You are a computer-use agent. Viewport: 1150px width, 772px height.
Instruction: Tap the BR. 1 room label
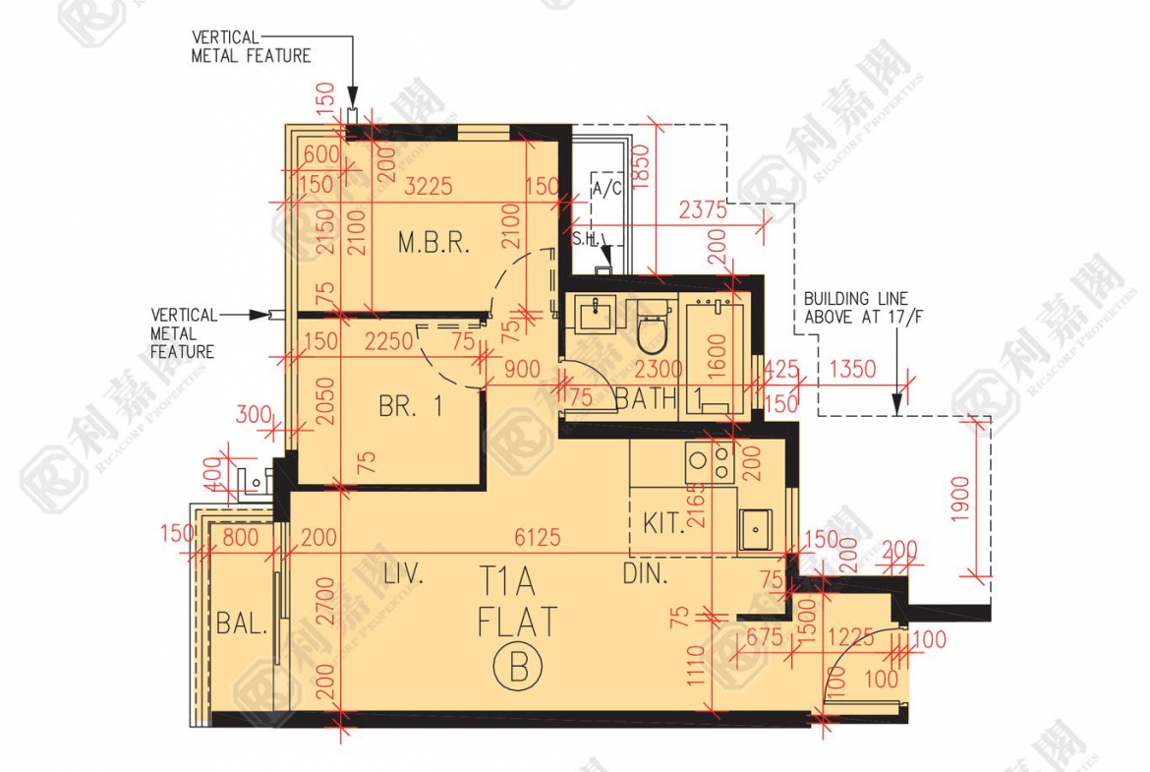pos(411,406)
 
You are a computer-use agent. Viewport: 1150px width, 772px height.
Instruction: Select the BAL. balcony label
pos(242,623)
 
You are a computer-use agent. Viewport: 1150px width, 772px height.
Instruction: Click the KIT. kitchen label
pos(664,522)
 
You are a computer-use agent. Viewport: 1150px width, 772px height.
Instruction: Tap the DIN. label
pos(646,574)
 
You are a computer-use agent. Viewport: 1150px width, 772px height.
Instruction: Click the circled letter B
pos(518,669)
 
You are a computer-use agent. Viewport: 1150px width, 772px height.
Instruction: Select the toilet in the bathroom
pos(653,328)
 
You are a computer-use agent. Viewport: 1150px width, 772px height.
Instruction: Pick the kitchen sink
pos(755,529)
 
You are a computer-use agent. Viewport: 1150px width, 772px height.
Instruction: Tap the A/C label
pos(606,190)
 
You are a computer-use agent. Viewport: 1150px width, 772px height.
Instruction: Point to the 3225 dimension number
pos(430,186)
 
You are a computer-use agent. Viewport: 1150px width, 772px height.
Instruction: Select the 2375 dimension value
pos(703,209)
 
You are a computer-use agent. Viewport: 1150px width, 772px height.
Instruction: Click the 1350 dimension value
pos(852,371)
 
